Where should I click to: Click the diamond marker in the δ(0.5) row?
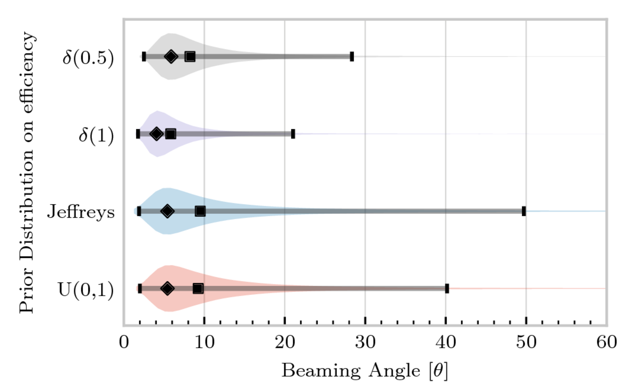point(171,57)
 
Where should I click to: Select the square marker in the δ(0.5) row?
point(190,57)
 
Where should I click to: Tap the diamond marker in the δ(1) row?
point(157,134)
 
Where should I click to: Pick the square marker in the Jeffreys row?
point(200,211)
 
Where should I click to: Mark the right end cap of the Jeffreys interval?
point(524,211)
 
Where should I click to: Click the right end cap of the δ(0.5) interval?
point(352,57)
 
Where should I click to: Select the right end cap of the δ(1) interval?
point(293,134)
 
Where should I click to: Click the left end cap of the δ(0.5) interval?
point(144,57)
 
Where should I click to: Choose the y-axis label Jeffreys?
point(81,212)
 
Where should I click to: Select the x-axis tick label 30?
point(365,343)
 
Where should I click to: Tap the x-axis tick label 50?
point(526,343)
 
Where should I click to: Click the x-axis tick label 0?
point(124,343)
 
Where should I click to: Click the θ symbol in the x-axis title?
point(439,371)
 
